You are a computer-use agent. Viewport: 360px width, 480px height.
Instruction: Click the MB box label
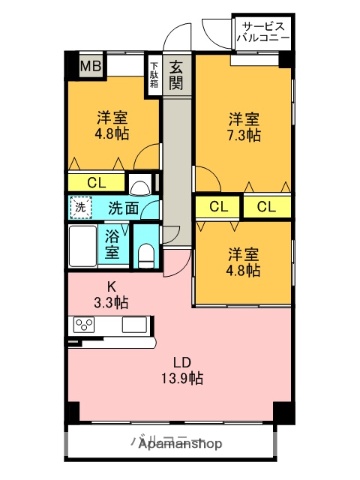91,67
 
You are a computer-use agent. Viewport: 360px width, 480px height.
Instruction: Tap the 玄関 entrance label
176,75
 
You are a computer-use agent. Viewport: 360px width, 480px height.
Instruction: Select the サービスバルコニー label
263,31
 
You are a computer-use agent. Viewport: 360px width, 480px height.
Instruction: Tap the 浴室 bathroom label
114,244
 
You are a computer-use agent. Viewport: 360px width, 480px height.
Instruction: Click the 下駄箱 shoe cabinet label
153,71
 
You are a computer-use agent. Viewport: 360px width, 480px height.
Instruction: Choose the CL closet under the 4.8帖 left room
97,182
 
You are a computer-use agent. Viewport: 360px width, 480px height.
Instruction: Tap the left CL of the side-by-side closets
218,207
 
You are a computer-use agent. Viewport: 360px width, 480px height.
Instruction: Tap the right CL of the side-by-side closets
265,207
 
